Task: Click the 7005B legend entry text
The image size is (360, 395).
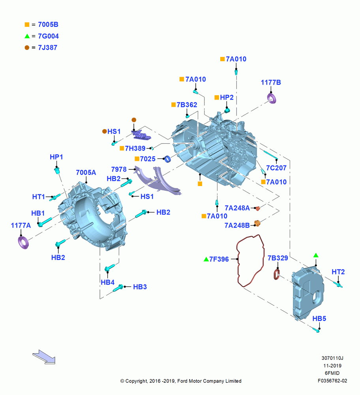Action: click(x=48, y=24)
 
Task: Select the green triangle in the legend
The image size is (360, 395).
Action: click(x=27, y=36)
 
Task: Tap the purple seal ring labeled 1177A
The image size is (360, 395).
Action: click(x=23, y=243)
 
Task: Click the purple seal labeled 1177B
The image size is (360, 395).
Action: click(x=272, y=98)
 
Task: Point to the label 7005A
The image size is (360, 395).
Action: click(x=86, y=173)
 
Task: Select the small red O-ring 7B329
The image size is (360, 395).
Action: click(x=276, y=275)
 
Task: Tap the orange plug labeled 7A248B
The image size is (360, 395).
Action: click(x=257, y=223)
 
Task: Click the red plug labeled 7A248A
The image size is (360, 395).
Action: click(x=257, y=209)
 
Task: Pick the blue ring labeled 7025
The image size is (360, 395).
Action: click(x=167, y=159)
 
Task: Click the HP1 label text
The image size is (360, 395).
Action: click(x=56, y=157)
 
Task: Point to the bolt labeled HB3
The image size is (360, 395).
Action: click(x=118, y=288)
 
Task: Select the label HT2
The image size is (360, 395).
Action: click(x=338, y=272)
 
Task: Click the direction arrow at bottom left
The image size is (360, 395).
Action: click(x=44, y=357)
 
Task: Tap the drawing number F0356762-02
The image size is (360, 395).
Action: click(x=332, y=381)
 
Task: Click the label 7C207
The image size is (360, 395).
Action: click(x=276, y=168)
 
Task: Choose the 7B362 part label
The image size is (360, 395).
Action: click(x=187, y=105)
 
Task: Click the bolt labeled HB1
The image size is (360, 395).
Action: click(x=45, y=222)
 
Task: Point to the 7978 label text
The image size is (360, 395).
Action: click(x=119, y=169)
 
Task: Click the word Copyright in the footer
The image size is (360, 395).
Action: click(x=136, y=381)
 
